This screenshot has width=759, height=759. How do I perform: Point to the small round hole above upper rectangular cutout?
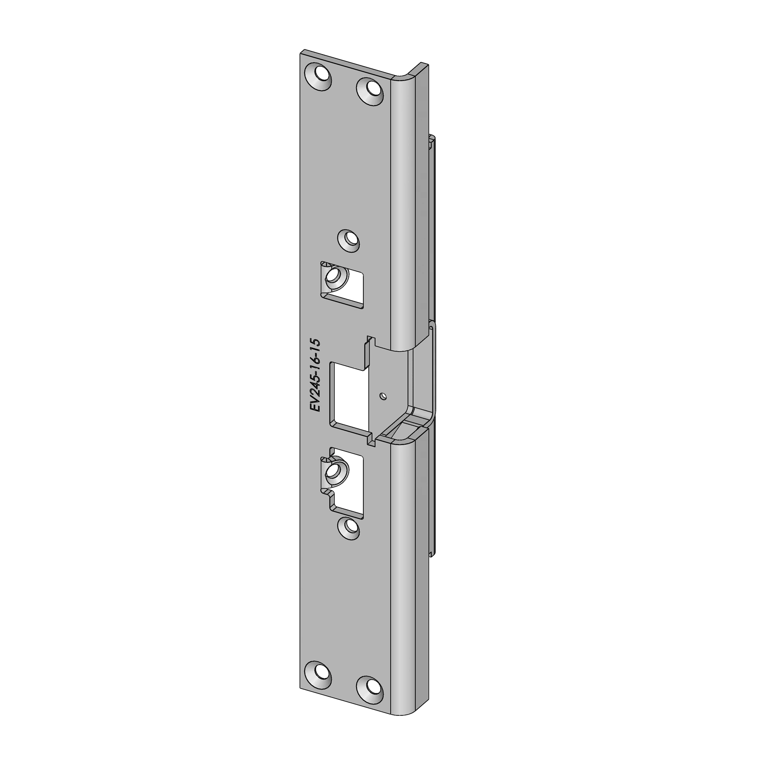pos(349,240)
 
